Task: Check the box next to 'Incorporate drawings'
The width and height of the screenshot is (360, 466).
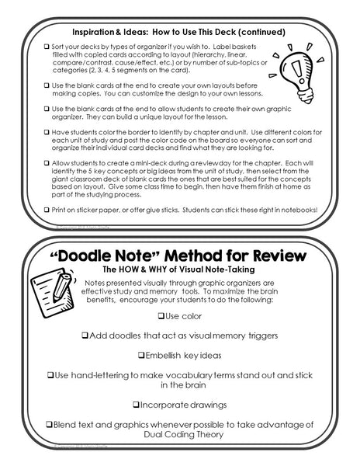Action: [136, 404]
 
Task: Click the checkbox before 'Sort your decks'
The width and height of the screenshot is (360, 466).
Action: [48, 48]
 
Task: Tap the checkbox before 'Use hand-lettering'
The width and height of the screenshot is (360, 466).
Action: [50, 374]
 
